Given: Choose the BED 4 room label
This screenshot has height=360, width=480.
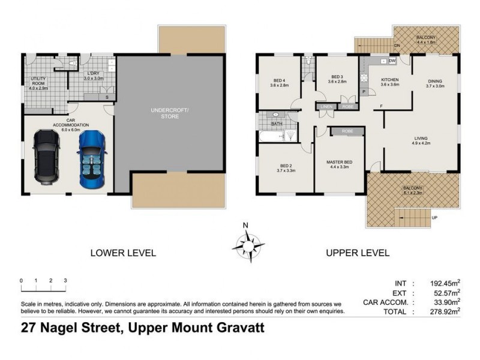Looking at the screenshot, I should point(280,81).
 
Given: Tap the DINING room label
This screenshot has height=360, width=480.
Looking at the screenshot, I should point(435,83).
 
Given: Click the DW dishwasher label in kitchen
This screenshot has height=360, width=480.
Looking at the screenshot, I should point(392,61).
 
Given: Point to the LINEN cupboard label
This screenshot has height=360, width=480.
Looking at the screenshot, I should point(326,107).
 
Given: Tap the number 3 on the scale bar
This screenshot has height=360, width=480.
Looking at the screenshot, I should point(65,281).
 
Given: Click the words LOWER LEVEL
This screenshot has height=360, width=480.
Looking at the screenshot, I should point(123,253).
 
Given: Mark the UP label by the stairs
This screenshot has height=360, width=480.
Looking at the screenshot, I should point(434,217).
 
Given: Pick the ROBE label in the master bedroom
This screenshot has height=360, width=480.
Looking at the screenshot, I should point(347,131).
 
